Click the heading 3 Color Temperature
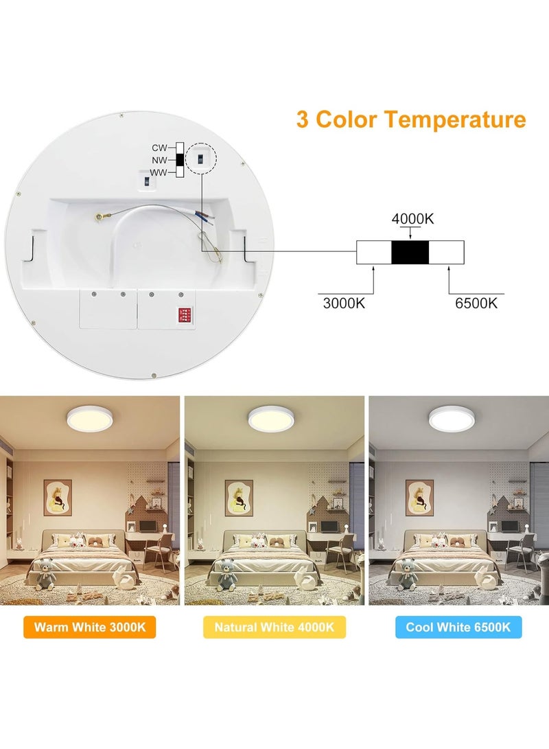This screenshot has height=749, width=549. click(x=411, y=119)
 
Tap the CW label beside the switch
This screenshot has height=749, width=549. click(x=159, y=148)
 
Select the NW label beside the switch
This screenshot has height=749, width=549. click(x=159, y=160)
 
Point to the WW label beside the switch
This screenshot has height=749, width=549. click(x=159, y=172)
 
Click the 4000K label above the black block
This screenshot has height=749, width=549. click(x=412, y=220)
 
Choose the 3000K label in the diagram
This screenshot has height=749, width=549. click(x=344, y=303)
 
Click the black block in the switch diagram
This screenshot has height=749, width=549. click(x=410, y=253)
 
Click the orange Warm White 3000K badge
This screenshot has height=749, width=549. click(x=90, y=627)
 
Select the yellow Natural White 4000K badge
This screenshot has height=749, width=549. click(x=274, y=627)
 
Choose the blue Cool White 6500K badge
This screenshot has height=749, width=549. click(x=458, y=627)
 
